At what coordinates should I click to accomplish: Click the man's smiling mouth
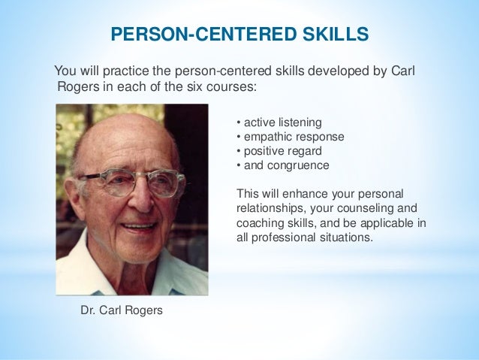140,225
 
